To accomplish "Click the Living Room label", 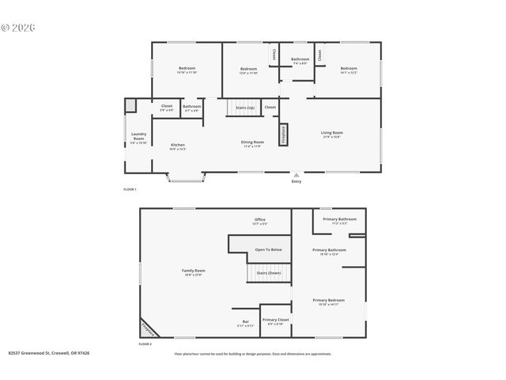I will click(331, 133).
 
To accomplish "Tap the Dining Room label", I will click(252, 142).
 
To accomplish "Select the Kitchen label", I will click(179, 145).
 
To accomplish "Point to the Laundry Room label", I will click(138, 138).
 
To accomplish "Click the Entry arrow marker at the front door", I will click(296, 176).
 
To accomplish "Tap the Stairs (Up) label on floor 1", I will click(245, 107).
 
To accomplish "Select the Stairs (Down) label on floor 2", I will click(269, 273).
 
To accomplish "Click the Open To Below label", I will click(268, 249).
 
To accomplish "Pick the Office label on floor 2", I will click(259, 220).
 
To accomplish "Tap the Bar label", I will click(246, 321).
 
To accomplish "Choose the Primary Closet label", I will click(276, 320).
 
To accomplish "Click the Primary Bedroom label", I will click(328, 301).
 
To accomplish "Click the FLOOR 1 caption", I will click(130, 190).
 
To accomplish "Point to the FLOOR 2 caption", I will click(145, 344).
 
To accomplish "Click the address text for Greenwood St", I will click(49, 354).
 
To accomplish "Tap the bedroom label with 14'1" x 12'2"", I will click(349, 70).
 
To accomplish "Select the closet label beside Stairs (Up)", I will click(270, 107).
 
